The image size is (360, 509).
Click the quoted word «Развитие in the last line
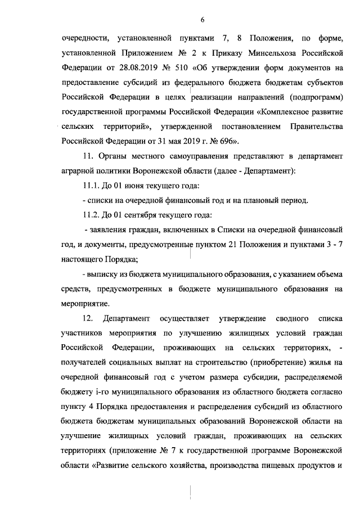(116, 465)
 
